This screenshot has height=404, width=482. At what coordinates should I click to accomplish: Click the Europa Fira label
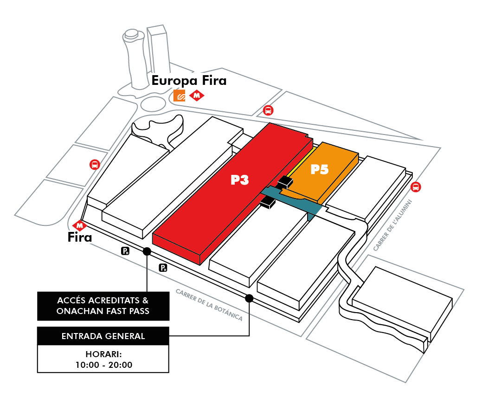coord(189,81)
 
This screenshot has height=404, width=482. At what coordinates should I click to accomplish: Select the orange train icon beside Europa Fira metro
coord(180,96)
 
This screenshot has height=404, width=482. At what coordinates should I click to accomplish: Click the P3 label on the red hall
coord(240,180)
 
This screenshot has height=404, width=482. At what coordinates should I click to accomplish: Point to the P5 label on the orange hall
coord(319,169)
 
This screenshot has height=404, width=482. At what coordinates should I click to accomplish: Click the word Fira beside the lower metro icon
coord(80,238)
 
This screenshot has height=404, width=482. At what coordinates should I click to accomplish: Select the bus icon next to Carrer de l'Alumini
coord(416,187)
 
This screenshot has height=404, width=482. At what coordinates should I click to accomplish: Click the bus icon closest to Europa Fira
coord(268,110)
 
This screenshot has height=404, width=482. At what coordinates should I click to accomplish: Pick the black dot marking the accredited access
coord(147,251)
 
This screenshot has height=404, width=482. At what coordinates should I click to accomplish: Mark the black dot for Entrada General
coord(249,298)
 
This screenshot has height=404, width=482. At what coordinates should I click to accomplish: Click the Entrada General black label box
coord(103,336)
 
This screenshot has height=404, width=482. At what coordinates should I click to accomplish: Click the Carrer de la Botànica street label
coord(209,305)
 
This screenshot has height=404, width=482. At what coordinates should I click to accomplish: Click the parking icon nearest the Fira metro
coord(125,251)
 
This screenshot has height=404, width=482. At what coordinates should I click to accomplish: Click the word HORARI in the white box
coord(103,354)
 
